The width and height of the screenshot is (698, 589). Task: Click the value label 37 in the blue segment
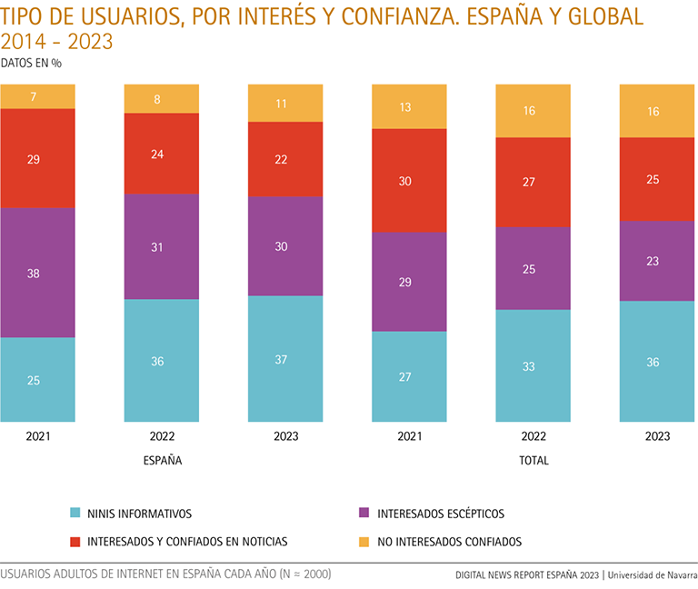tap(281, 360)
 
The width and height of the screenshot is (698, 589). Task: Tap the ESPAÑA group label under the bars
tap(163, 461)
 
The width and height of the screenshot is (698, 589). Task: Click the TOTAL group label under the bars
tap(533, 461)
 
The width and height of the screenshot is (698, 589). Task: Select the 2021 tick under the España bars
tap(37, 436)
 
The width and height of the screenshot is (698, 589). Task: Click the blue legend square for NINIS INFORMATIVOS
tap(75, 514)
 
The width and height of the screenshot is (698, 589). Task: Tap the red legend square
tap(75, 542)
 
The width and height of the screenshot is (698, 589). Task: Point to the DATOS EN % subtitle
tap(31, 64)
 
